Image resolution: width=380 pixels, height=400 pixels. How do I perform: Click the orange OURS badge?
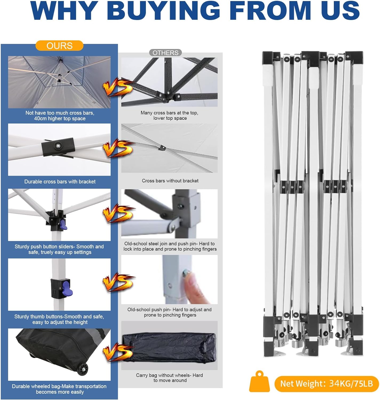[x=59, y=46]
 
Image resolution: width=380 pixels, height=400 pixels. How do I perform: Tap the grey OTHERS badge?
[x=165, y=53]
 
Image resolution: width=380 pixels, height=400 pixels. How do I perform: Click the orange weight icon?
[x=259, y=382]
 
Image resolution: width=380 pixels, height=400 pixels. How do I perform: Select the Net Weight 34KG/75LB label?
[x=326, y=384]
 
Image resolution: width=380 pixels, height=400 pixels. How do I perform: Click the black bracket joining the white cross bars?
[x=58, y=146]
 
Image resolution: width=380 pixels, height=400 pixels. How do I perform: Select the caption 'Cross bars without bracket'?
[x=170, y=181]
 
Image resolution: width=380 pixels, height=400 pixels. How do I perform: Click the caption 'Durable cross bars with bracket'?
[x=60, y=182]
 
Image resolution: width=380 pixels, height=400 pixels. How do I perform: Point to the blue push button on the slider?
[x=63, y=225]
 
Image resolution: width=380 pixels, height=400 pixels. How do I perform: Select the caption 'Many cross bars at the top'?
[x=170, y=115]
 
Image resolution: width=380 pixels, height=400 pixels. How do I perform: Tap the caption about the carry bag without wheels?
[x=170, y=378]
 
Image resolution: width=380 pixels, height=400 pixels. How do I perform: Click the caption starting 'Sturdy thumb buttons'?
[x=59, y=319]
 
